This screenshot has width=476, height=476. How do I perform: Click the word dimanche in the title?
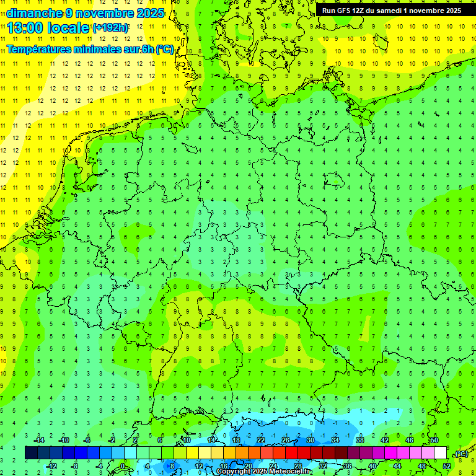pyautogui.click(x=33, y=12)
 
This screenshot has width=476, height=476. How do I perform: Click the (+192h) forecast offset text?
pyautogui.click(x=110, y=28)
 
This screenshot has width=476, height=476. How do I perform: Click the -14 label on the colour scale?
pyautogui.click(x=39, y=440)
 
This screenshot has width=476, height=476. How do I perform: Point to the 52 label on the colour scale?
pyautogui.click(x=446, y=466)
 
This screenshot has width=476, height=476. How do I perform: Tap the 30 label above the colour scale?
pyautogui.click(x=311, y=440)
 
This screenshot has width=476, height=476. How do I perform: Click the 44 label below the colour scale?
pyautogui.click(x=397, y=466)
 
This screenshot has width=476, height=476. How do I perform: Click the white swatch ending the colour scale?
pyautogui.click(x=440, y=453)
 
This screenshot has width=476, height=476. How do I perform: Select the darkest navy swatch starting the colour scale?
pyautogui.click(x=31, y=453)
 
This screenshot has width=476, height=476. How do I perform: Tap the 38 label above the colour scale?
pyautogui.click(x=360, y=440)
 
